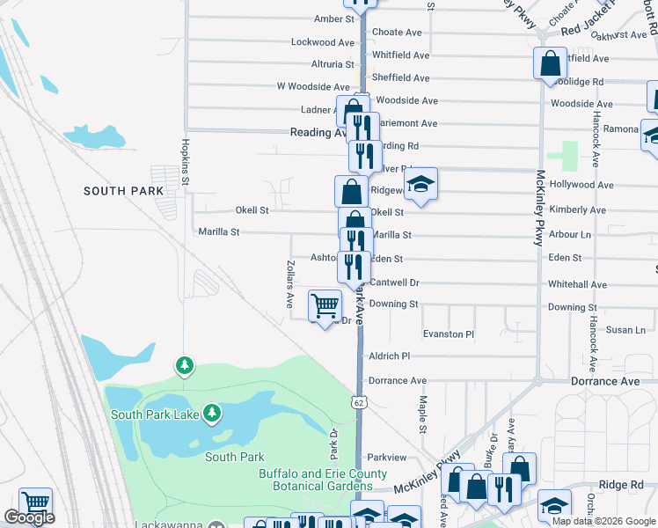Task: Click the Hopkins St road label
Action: pyautogui.click(x=186, y=162)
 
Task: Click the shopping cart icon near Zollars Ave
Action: pyautogui.click(x=325, y=305)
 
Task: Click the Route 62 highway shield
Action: pyautogui.click(x=359, y=402)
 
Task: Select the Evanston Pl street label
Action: pyautogui.click(x=449, y=334)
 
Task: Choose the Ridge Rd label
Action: pyautogui.click(x=622, y=485)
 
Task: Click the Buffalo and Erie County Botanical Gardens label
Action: pyautogui.click(x=322, y=480)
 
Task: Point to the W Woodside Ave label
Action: pyautogui.click(x=313, y=86)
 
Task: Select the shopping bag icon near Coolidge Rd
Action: pyautogui.click(x=550, y=64)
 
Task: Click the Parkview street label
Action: pyautogui.click(x=387, y=458)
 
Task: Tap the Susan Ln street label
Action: pyautogui.click(x=625, y=329)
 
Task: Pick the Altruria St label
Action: pyautogui.click(x=332, y=64)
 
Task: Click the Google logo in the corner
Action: pyautogui.click(x=29, y=517)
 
